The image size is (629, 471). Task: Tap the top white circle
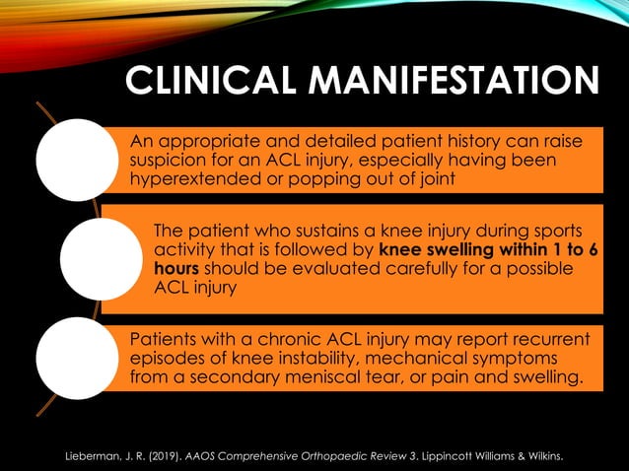77,160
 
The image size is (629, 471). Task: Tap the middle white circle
102,258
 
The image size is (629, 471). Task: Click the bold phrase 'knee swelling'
437,250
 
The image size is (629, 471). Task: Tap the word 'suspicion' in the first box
172,161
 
